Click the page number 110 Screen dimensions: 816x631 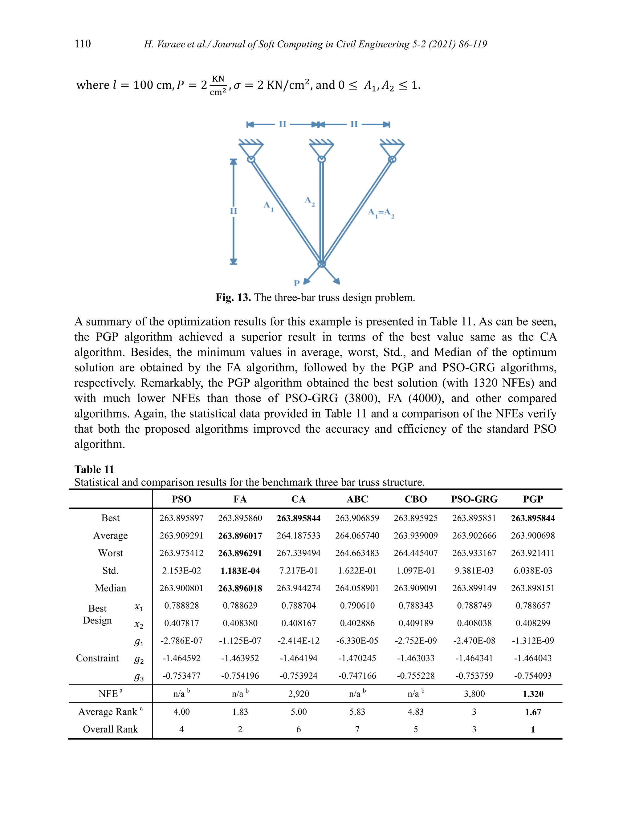(83, 44)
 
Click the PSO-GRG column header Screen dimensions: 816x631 (474, 499)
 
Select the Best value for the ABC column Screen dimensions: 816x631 (357, 518)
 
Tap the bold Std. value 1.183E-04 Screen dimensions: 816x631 (240, 571)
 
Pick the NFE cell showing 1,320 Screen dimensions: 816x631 (533, 694)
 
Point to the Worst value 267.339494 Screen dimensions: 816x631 (298, 553)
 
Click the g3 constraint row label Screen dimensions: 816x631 (139, 677)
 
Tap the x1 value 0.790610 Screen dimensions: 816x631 (357, 605)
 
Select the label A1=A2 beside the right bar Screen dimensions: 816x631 (381, 213)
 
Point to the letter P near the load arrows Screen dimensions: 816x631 (297, 283)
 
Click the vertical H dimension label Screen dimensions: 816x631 (233, 211)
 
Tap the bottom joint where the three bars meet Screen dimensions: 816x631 (321, 264)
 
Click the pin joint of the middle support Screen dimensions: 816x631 (321, 160)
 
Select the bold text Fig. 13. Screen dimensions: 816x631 (233, 297)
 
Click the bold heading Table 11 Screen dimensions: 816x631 (94, 469)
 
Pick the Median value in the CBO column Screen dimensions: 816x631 (415, 588)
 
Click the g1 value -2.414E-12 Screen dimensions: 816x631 (298, 640)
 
